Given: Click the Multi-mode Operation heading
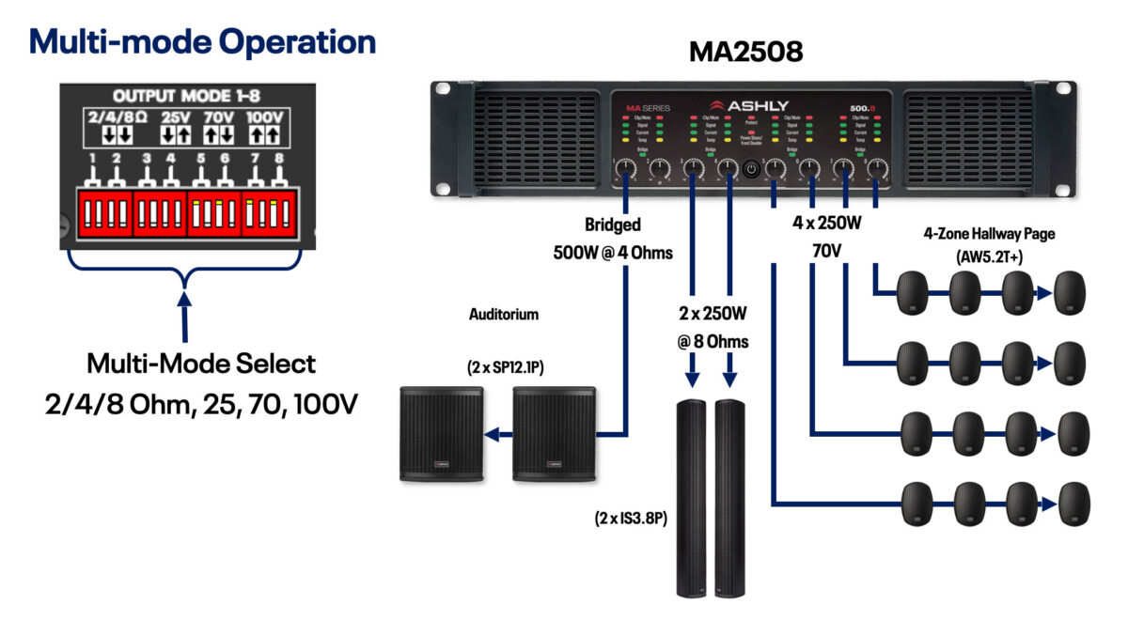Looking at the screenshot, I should (x=202, y=41).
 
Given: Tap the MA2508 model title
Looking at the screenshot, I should (x=746, y=51).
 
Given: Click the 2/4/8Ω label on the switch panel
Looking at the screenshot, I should (x=117, y=118).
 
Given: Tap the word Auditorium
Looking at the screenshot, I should (x=503, y=315).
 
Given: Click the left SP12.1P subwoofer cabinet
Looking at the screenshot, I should (x=442, y=433).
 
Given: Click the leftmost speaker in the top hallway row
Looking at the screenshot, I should (x=916, y=292).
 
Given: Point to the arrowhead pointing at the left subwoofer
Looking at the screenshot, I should (x=492, y=434).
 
